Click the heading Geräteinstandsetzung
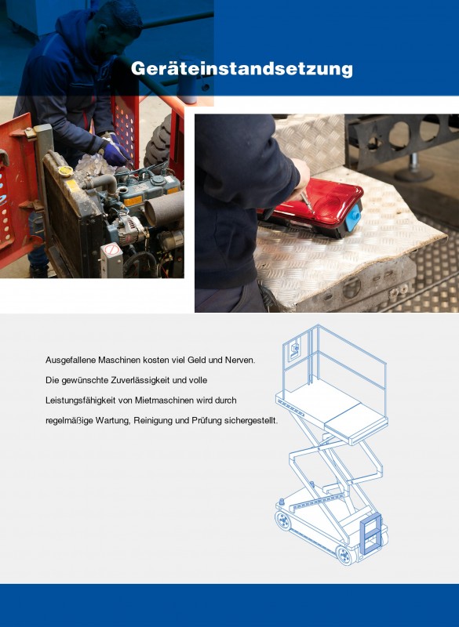tap(242, 68)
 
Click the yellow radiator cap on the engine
tap(66, 171)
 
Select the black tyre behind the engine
tap(157, 142)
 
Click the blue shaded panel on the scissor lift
tap(370, 535)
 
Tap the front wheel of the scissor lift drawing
tap(344, 555)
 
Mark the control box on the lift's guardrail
tap(294, 350)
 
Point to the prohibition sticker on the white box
tap(111, 250)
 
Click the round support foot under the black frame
tap(413, 171)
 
